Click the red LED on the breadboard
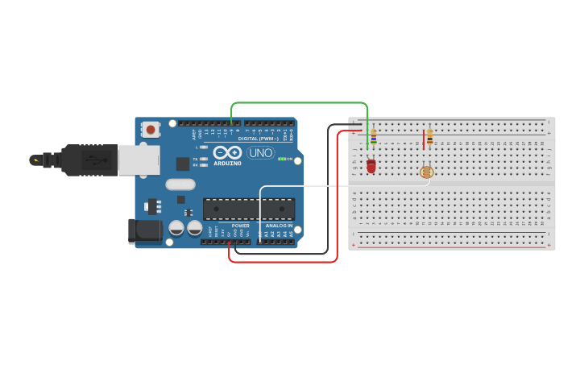[371, 165]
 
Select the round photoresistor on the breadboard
[427, 172]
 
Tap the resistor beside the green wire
[373, 137]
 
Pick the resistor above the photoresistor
[429, 137]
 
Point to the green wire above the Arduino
[298, 103]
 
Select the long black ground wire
[328, 193]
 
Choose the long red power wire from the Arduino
[337, 201]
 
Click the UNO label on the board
[260, 153]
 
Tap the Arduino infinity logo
[227, 151]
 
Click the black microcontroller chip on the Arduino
[248, 209]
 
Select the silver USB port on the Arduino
[139, 160]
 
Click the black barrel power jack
[145, 230]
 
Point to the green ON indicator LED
[281, 159]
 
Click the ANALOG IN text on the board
[279, 226]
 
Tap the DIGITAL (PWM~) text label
[258, 139]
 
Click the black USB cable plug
[89, 160]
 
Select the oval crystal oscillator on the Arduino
[180, 185]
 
